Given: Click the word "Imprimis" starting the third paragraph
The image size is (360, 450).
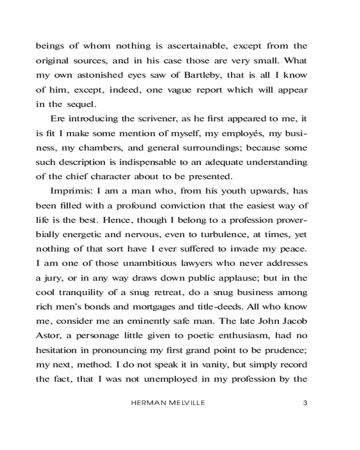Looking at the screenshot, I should [69, 191].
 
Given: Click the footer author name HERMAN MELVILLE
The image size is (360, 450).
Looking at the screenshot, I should [168, 403].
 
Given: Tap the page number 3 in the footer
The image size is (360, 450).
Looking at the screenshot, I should [305, 403].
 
